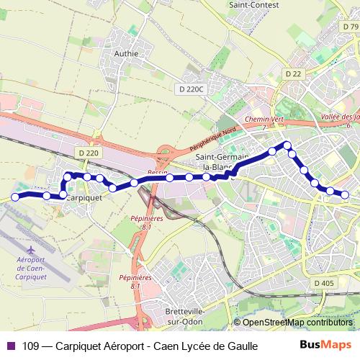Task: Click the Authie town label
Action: (126, 53)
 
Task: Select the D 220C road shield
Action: (191, 89)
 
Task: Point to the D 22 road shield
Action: (292, 73)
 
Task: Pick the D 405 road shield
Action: (325, 283)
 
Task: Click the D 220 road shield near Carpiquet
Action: (87, 153)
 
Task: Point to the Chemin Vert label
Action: (261, 120)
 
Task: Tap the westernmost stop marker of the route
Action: (15, 197)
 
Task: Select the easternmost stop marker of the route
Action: (346, 194)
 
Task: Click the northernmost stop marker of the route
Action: (287, 145)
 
